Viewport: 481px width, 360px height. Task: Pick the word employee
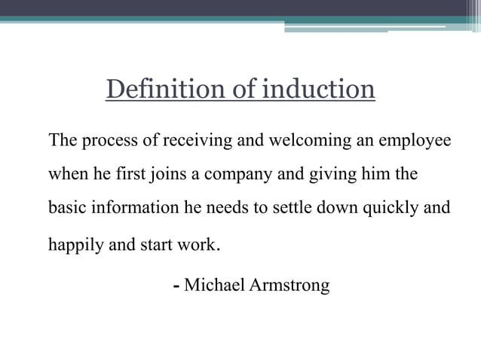point(415,141)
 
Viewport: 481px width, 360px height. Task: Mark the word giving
point(326,175)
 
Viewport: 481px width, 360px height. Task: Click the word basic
point(66,209)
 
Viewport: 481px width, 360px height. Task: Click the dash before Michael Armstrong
point(176,287)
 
